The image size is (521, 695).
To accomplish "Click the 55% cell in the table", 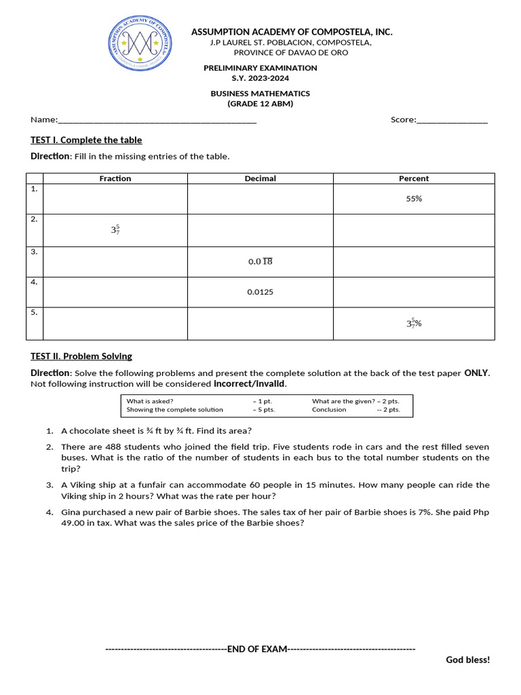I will click(x=414, y=199).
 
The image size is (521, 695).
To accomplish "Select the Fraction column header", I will click(x=115, y=179).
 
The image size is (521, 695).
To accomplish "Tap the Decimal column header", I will click(x=260, y=179).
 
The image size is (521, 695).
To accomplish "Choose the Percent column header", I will click(x=414, y=179).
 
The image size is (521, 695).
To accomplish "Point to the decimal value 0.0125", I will click(x=260, y=292).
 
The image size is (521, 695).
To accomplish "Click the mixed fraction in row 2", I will click(x=115, y=230).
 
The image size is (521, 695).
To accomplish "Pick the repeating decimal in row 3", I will click(x=260, y=261).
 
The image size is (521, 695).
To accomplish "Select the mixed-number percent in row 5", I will click(x=414, y=323).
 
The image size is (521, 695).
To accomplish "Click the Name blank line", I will click(x=157, y=121).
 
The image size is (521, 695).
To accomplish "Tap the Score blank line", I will click(x=452, y=121).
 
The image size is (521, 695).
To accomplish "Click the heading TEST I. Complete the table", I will click(x=86, y=140).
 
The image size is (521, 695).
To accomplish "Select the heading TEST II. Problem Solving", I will click(x=81, y=356).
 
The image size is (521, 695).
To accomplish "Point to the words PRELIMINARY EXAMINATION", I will click(x=260, y=68).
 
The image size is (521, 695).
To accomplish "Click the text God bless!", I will click(x=467, y=660).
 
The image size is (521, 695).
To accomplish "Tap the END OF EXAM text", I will click(x=257, y=649).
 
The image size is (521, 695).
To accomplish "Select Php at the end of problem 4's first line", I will click(x=481, y=512).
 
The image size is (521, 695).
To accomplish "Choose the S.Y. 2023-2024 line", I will click(x=260, y=78).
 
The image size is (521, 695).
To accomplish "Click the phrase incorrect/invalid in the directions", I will click(x=250, y=384).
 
